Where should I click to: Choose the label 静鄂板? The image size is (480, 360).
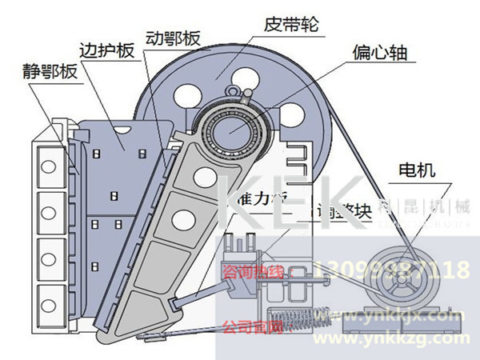(50, 72)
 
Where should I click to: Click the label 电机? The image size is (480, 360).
(416, 170)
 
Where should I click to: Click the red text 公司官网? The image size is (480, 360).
(247, 327)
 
